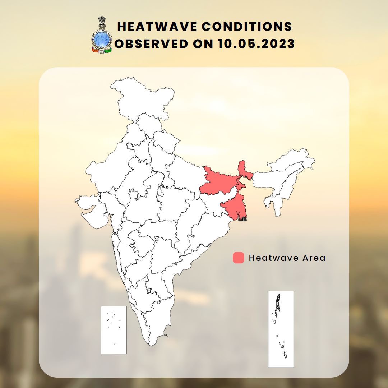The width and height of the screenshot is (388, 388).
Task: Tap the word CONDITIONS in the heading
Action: tap(256, 27)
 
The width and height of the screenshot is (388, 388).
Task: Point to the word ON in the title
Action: tap(204, 44)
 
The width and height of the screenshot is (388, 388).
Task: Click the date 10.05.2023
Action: tap(256, 44)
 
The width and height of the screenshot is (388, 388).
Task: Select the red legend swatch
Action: tap(239, 258)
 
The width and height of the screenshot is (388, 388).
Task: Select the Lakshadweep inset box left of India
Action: tap(114, 330)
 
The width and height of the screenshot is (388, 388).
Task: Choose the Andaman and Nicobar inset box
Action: tap(281, 329)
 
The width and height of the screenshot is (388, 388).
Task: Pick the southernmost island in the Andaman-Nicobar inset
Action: tap(285, 355)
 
